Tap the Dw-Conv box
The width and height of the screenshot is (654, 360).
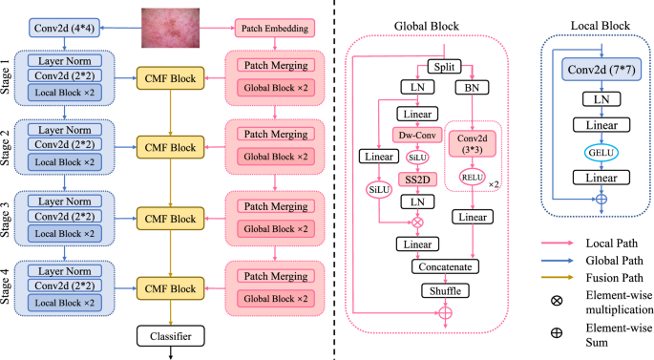point(418,136)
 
